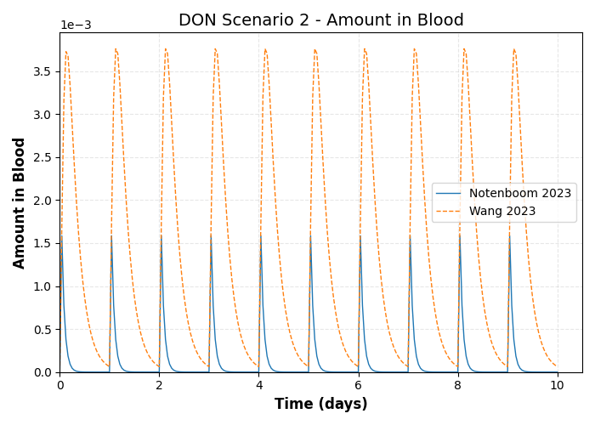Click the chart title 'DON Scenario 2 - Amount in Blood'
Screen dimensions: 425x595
click(x=320, y=20)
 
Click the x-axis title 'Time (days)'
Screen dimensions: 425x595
click(x=320, y=405)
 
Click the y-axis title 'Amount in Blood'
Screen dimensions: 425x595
click(x=20, y=202)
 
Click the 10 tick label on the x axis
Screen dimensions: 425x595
click(x=557, y=385)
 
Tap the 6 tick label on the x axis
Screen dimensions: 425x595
click(x=358, y=385)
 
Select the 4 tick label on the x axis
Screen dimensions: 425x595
click(x=258, y=385)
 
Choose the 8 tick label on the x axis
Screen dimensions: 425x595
click(x=457, y=385)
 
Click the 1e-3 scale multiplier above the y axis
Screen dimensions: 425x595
click(x=76, y=25)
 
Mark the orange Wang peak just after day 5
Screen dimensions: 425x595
click(x=315, y=49)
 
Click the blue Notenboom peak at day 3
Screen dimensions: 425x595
click(x=210, y=235)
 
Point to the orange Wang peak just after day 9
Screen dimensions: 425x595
click(x=514, y=49)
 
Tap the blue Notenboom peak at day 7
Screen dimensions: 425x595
click(x=409, y=235)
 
